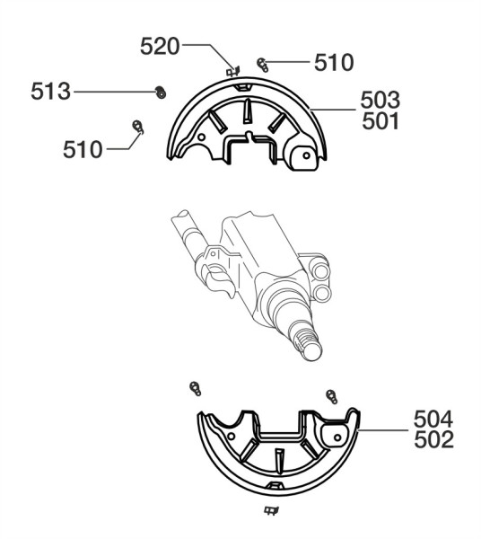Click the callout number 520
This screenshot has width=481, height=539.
[160, 47]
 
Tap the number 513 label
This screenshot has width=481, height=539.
[50, 92]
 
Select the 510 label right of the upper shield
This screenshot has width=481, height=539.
[334, 63]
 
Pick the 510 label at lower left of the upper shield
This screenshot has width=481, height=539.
[83, 149]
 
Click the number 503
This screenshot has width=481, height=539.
[380, 100]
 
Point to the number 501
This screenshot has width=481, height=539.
[380, 121]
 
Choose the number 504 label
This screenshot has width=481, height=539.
[433, 419]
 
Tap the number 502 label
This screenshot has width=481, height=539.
[434, 439]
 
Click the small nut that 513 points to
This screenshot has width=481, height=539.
[161, 93]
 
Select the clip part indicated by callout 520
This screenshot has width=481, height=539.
[233, 71]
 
